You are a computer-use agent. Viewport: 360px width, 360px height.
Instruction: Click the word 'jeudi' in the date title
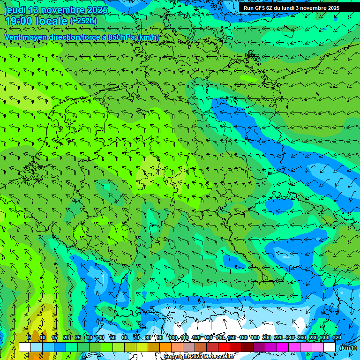tap(15, 10)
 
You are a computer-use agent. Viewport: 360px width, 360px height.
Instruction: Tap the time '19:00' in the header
tap(18, 21)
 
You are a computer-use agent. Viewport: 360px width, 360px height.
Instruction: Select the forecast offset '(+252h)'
tap(83, 21)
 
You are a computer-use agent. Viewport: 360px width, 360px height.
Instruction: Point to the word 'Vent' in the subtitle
tap(14, 37)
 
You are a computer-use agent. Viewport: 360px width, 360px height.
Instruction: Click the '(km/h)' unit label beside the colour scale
tap(348, 348)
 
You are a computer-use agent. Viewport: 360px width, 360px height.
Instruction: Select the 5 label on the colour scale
tap(30, 337)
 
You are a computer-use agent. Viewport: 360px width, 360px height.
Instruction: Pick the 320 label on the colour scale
tap(337, 337)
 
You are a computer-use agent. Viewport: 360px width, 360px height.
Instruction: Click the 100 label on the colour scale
tap(173, 337)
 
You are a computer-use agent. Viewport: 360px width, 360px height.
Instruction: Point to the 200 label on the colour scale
tap(267, 337)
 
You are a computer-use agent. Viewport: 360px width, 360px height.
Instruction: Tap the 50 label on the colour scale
tap(112, 337)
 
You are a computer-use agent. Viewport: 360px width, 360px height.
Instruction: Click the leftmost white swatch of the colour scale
tap(24, 347)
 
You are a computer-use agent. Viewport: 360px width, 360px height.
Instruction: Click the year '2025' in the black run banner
tap(333, 8)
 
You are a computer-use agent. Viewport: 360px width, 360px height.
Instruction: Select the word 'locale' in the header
tap(52, 21)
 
